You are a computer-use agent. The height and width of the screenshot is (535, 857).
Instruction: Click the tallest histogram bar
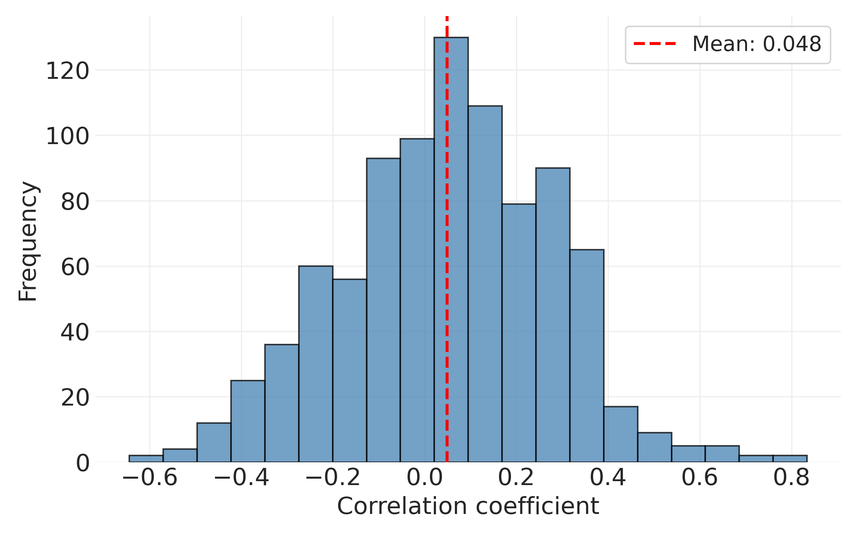point(451,250)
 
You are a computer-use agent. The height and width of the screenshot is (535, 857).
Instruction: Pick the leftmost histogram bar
point(146,459)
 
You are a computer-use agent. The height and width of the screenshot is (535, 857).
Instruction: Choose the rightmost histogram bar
point(790,459)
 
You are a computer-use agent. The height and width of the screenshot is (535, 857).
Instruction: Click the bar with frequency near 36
point(282,403)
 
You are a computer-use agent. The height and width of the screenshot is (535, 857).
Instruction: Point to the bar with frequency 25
point(248,421)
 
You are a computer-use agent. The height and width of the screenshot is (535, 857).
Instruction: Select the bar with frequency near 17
point(621,434)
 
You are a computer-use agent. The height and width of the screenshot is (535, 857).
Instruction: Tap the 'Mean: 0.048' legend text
point(757,44)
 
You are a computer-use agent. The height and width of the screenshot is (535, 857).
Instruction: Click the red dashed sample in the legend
point(655,44)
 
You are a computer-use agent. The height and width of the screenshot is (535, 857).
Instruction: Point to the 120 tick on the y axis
point(67,71)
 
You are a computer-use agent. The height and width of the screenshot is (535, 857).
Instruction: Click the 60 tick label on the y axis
point(75,267)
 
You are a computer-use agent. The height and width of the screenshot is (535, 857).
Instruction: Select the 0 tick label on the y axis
point(82,463)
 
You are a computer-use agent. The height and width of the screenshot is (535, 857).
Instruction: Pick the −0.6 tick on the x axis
point(150,478)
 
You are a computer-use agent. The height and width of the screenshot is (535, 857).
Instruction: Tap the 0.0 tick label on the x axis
point(425,478)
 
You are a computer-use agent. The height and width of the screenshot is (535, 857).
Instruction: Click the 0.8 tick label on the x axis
point(791,478)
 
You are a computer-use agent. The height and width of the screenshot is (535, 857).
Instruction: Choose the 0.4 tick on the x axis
point(608,478)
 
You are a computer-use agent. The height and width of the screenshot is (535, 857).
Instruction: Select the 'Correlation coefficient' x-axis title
point(468,506)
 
